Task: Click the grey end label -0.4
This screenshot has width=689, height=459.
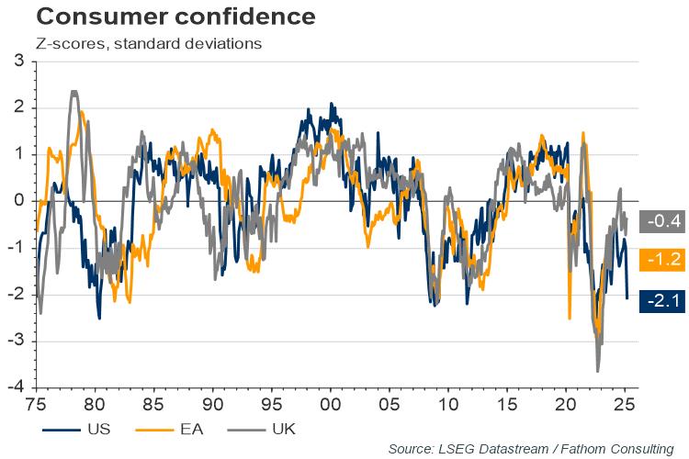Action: (x=662, y=221)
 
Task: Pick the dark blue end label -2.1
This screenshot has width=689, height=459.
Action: (x=662, y=298)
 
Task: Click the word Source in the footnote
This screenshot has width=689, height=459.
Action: (x=412, y=448)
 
